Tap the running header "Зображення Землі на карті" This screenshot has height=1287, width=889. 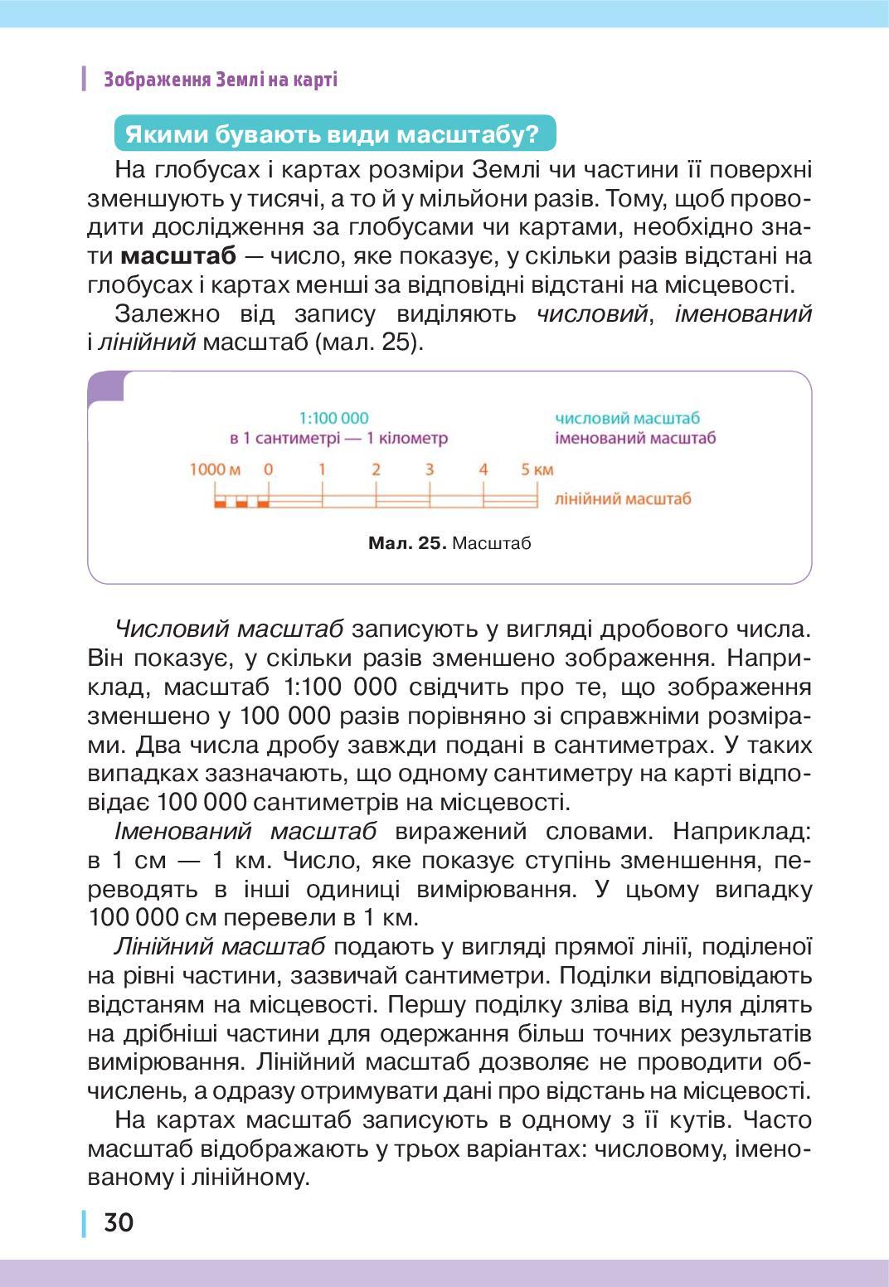click(x=220, y=80)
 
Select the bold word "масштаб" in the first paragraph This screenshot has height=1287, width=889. click(x=178, y=255)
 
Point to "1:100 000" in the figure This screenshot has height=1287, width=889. click(x=333, y=419)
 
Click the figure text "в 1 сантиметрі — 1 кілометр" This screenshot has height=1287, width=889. click(x=338, y=438)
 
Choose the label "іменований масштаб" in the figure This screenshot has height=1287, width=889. click(x=635, y=438)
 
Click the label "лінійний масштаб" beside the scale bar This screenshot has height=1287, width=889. click(x=623, y=498)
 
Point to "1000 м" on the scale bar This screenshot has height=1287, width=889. click(x=215, y=469)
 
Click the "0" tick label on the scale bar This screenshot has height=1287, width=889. click(x=268, y=469)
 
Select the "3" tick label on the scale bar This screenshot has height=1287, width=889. click(x=430, y=469)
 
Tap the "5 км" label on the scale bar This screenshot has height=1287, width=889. click(x=537, y=469)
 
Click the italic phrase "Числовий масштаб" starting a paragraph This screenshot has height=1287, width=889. click(x=229, y=629)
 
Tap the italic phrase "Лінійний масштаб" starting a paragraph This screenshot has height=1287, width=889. click(x=219, y=946)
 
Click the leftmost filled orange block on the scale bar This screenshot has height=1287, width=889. click(x=220, y=503)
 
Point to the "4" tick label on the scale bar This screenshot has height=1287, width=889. click(x=483, y=469)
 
